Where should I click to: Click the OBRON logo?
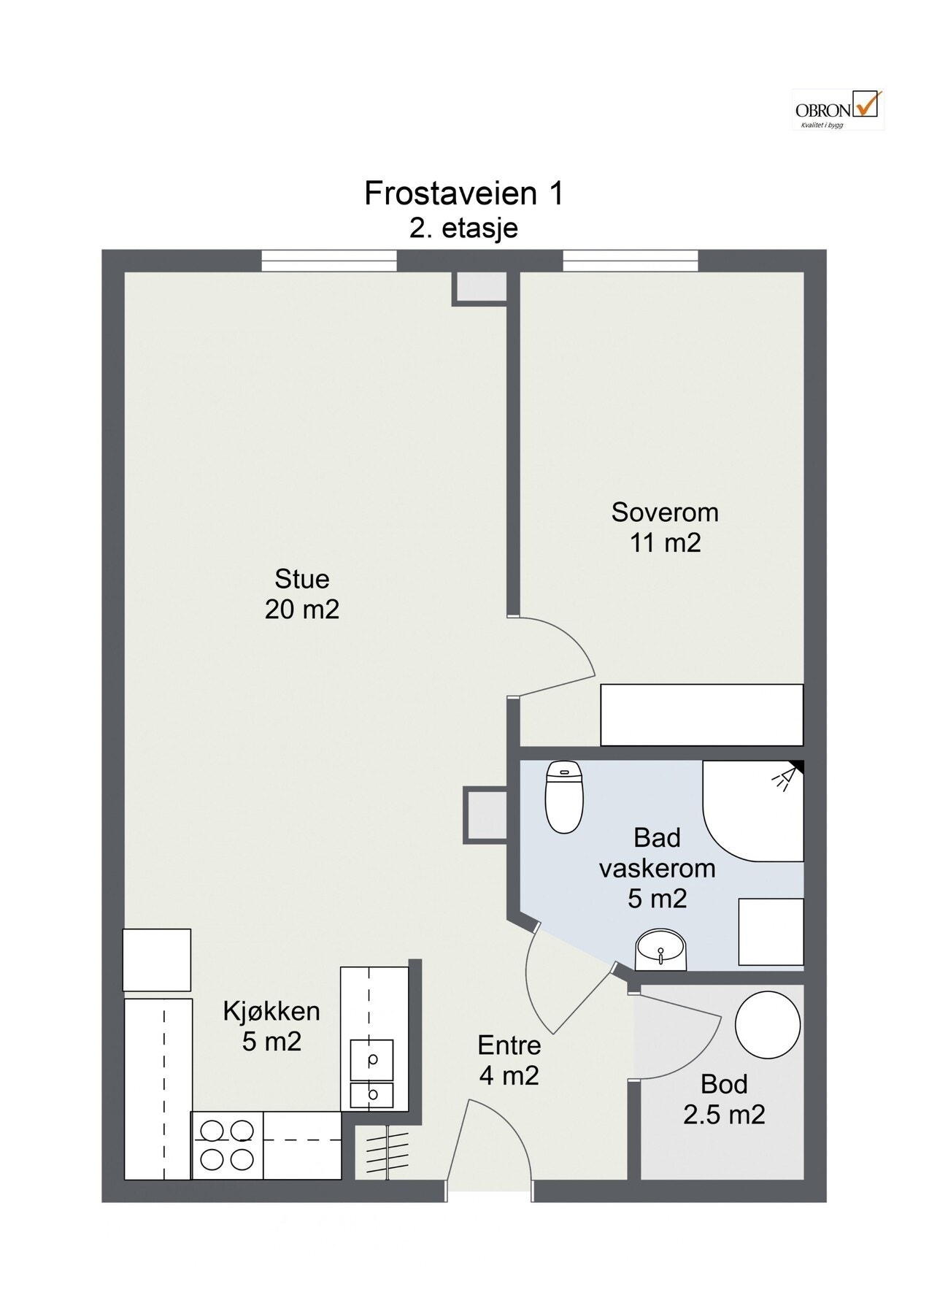tap(838, 109)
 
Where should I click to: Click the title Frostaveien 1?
tap(464, 194)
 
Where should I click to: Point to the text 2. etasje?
tap(464, 228)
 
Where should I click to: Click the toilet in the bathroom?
tap(564, 797)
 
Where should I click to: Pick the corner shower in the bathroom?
tap(753, 810)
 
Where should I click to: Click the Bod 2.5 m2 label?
tap(724, 1099)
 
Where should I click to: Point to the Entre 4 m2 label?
tap(509, 1060)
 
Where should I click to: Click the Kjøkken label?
tap(271, 1011)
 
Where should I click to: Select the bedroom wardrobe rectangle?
tap(701, 715)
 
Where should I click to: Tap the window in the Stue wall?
tap(329, 261)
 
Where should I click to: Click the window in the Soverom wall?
tap(630, 261)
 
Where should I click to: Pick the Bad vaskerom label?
tap(658, 853)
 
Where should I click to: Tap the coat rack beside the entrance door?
tap(384, 1151)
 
